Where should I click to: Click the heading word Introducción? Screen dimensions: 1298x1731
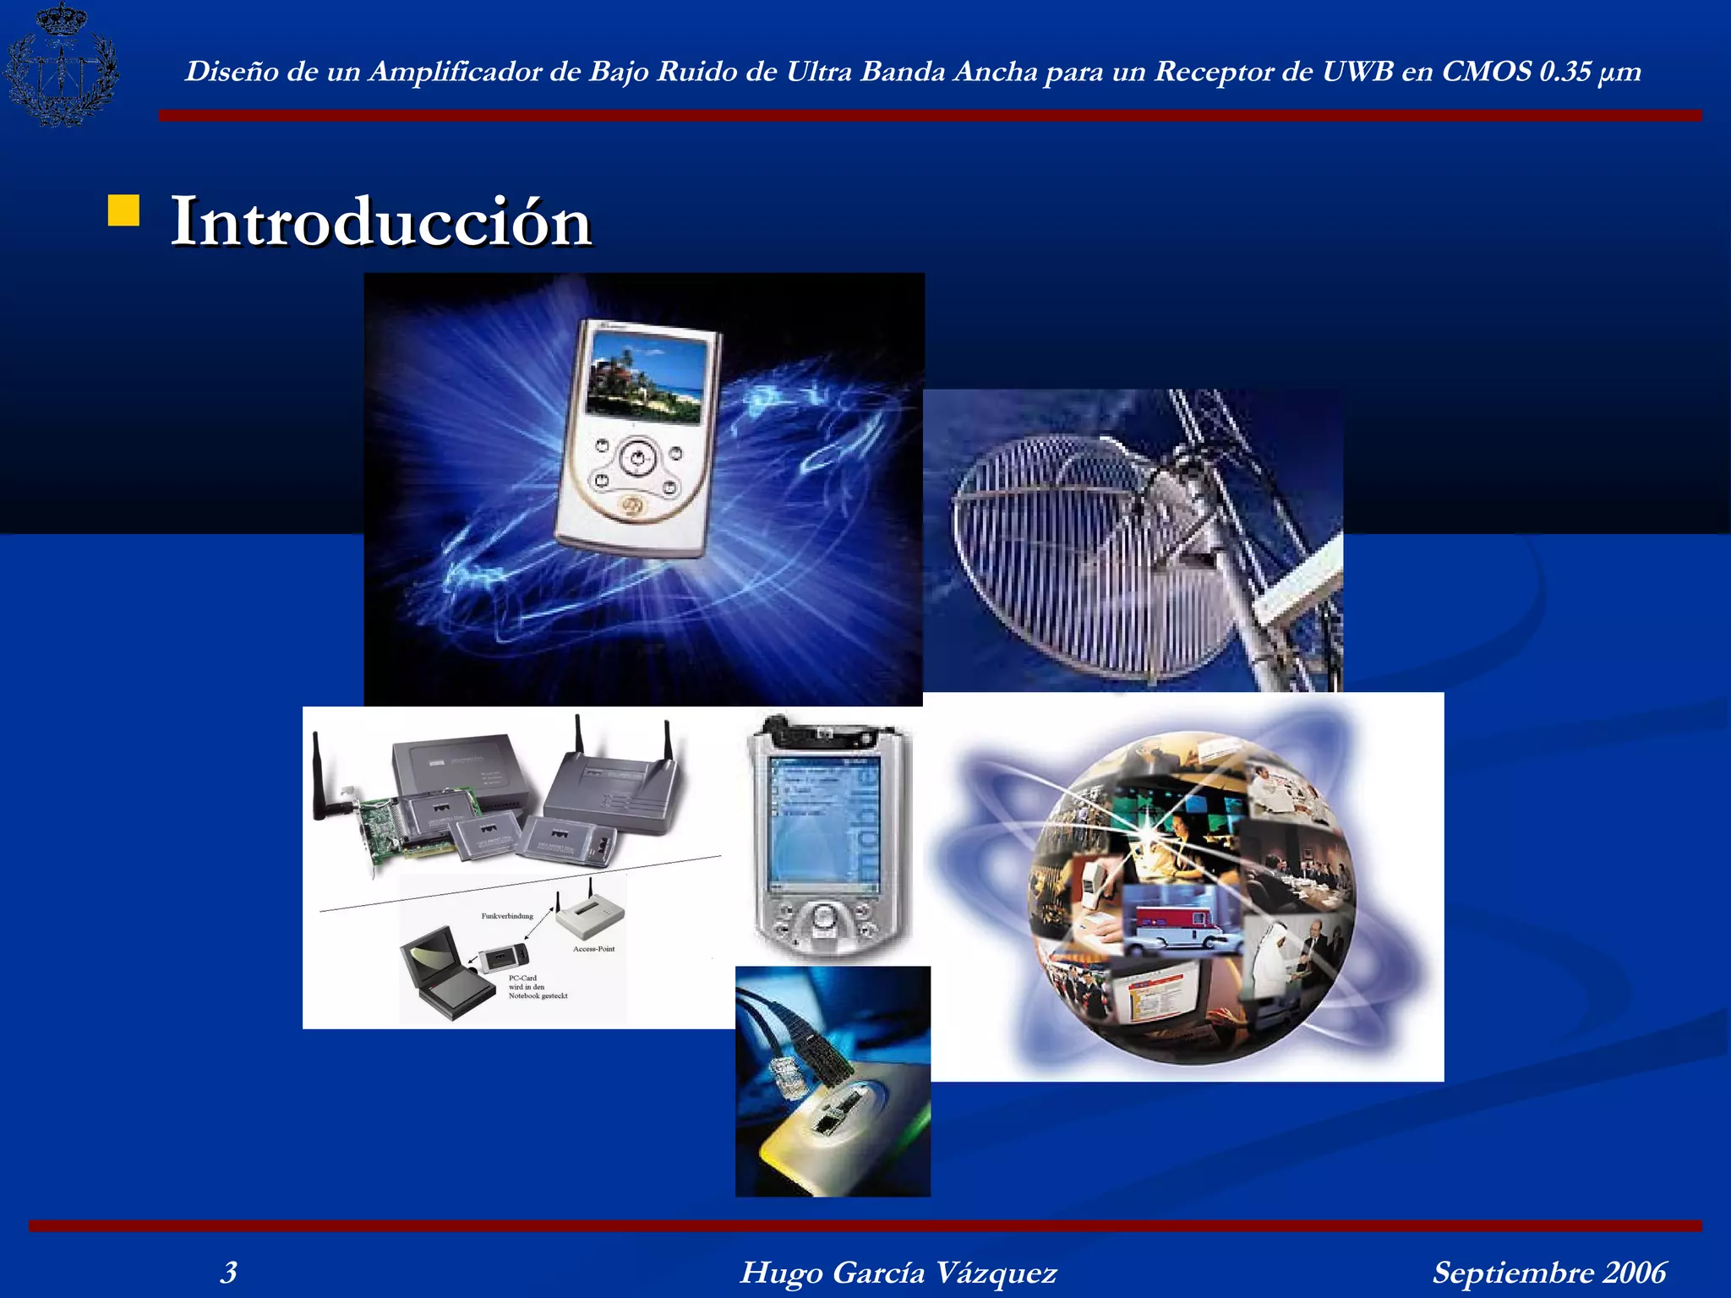(x=380, y=221)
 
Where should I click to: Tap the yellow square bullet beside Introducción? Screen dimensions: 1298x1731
(x=123, y=211)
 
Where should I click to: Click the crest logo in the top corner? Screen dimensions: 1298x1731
(x=61, y=64)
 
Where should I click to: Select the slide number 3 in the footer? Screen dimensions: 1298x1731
(x=228, y=1272)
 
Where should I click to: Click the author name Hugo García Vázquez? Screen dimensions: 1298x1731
(x=898, y=1272)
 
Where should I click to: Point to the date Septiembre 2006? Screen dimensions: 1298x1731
(x=1548, y=1272)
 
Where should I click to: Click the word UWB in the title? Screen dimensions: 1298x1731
(x=1357, y=71)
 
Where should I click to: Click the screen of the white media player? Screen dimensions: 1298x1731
(x=647, y=376)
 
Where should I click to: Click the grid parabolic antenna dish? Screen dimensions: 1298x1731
(x=1090, y=549)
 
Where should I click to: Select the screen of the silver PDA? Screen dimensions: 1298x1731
(x=824, y=824)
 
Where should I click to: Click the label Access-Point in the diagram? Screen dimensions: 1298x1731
(x=593, y=949)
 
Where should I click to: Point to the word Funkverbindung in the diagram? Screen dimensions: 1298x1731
(x=507, y=916)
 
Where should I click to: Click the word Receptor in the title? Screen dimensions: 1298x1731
(x=1213, y=71)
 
